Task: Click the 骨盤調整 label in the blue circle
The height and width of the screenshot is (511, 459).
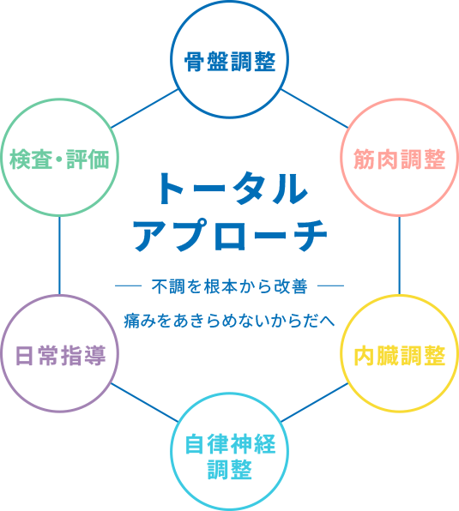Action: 230,61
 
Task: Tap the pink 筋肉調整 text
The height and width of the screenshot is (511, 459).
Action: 399,159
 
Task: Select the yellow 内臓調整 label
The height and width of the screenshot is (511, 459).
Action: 399,355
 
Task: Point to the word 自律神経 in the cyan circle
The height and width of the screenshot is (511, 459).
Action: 230,444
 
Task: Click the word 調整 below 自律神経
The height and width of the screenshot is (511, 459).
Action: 230,470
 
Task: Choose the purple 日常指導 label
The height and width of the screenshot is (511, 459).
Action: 60,355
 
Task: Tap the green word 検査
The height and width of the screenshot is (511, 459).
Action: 31,159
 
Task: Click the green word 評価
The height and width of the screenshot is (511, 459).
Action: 88,159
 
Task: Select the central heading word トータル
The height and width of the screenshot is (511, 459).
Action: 233,189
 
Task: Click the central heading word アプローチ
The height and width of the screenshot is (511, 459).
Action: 230,235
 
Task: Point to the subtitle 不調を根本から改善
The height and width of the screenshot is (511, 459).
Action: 230,286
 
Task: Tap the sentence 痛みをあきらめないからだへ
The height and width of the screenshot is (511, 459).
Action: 230,321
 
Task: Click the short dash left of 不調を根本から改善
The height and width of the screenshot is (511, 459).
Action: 128,286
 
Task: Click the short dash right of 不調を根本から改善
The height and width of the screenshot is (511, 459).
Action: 330,286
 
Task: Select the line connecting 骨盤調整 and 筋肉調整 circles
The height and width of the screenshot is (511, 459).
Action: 315,109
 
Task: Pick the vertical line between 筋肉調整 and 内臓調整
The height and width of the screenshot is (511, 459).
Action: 399,255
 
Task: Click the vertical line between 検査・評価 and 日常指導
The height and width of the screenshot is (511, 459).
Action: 59,255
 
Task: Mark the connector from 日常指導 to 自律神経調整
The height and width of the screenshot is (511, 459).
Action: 145,402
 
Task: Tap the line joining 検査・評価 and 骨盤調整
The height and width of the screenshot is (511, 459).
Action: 145,109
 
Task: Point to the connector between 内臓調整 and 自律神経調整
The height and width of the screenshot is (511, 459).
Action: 315,402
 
